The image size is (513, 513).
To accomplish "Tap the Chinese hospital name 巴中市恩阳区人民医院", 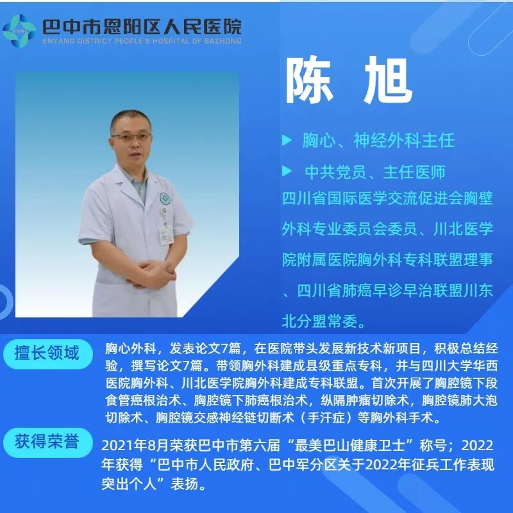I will [x=141, y=26].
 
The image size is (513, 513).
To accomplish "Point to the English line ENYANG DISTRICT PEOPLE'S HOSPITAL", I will [x=141, y=41].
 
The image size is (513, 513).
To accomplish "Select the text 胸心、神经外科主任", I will [x=378, y=140].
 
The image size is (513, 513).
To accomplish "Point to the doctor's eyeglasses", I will [x=131, y=137].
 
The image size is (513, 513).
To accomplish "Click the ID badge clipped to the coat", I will [x=167, y=235].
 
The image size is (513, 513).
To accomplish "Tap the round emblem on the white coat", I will [x=165, y=199].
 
